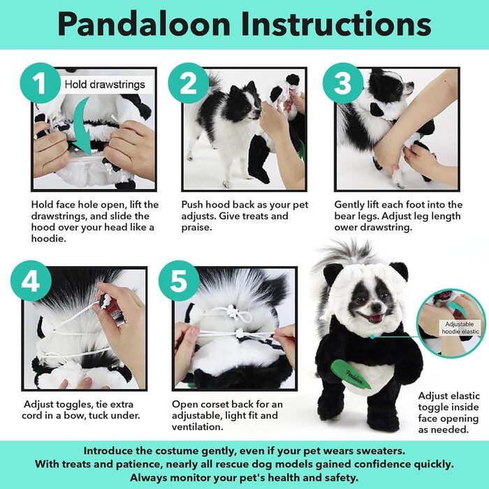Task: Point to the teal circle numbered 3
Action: pos(342,84)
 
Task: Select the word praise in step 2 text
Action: pos(198,228)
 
